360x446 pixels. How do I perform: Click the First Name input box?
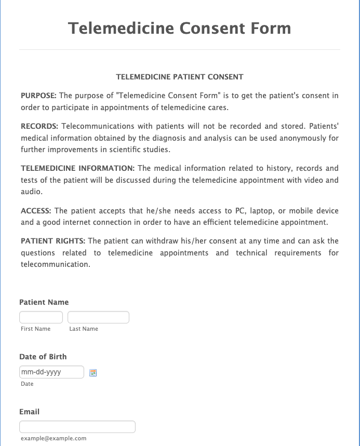click(41, 317)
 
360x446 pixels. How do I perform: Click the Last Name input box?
click(98, 317)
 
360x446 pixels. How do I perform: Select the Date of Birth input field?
click(51, 372)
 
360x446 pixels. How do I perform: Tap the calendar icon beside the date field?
click(94, 372)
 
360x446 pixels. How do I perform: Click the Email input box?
click(77, 427)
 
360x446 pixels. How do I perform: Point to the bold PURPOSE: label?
click(38, 96)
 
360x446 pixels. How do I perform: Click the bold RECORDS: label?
click(39, 126)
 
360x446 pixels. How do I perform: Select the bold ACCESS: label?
click(36, 211)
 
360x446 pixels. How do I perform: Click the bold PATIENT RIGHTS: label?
click(53, 241)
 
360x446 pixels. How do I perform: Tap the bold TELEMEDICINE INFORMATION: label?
click(78, 168)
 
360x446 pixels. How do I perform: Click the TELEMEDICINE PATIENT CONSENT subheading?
click(180, 77)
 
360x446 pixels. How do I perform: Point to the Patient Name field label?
click(44, 302)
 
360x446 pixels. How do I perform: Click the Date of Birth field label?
click(43, 357)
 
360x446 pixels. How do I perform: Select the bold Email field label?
click(30, 412)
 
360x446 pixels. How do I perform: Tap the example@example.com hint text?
click(54, 438)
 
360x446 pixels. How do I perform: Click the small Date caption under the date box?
click(27, 384)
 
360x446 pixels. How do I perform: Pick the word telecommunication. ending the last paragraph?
click(56, 264)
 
